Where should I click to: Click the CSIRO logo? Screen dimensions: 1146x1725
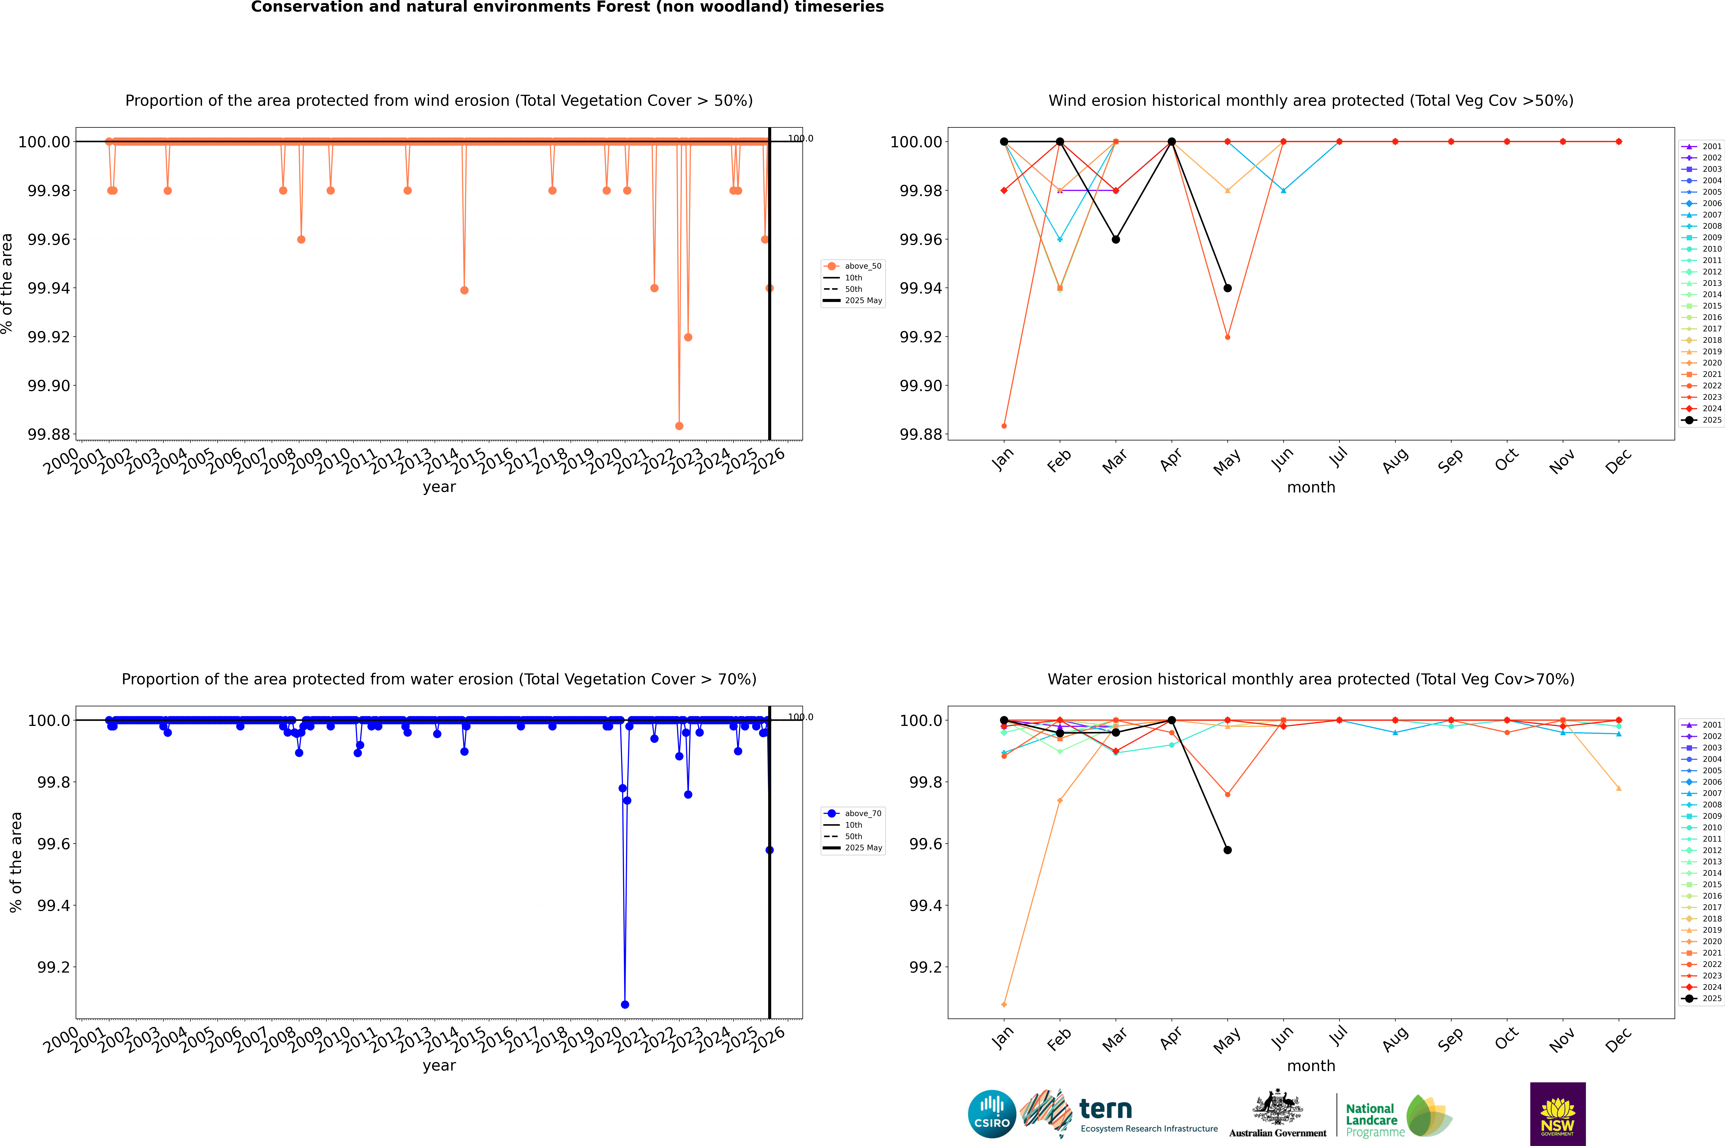point(992,1114)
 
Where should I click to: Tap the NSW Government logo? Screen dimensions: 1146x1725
point(1558,1114)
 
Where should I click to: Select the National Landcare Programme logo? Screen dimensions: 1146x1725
point(1397,1116)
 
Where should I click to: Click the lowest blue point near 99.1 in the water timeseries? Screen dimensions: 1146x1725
point(624,1004)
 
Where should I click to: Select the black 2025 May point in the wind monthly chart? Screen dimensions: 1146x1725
point(1228,288)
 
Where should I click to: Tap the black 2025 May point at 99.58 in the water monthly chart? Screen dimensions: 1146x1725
point(1228,850)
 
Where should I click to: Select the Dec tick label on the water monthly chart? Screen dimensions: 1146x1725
point(1618,1039)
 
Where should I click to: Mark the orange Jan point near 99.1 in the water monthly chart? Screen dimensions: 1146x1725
point(1004,1004)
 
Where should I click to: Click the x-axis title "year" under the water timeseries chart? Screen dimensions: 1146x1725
point(439,1066)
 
